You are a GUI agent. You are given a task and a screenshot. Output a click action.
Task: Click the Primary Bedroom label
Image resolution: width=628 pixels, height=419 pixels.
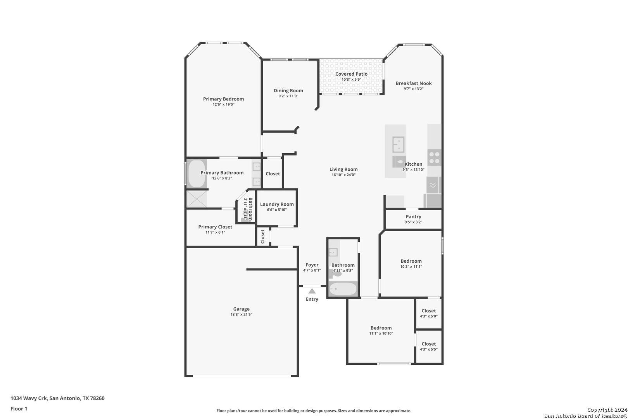(x=223, y=99)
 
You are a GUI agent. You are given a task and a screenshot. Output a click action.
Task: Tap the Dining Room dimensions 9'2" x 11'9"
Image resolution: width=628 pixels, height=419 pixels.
(x=288, y=96)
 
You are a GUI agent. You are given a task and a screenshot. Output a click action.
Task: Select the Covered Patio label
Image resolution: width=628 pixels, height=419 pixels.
(x=351, y=74)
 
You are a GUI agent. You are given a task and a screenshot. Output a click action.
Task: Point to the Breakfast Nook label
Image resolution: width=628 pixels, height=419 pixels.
(x=414, y=83)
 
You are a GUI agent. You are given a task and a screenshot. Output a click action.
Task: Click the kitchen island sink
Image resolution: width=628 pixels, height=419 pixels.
(x=398, y=144)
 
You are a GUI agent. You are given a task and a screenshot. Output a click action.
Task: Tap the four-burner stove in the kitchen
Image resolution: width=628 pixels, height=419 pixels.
(x=434, y=158)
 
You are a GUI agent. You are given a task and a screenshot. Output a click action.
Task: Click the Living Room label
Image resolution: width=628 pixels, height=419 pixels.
(x=343, y=169)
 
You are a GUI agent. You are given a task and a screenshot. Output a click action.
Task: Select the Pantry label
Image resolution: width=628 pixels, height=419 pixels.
(x=413, y=216)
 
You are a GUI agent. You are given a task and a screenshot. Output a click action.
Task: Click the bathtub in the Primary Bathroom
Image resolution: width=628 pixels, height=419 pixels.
(x=197, y=173)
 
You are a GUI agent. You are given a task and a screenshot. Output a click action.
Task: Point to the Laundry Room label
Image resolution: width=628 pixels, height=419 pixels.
(x=277, y=204)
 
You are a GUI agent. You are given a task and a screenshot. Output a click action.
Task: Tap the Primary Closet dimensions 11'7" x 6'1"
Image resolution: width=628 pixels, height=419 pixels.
(x=215, y=232)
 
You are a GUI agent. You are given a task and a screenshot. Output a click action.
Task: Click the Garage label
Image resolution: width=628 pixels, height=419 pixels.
(x=241, y=309)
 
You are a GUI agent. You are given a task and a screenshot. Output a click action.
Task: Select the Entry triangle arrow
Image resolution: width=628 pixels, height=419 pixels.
(x=312, y=291)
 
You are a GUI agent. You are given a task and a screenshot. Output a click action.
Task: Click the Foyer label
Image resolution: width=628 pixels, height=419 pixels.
(x=312, y=265)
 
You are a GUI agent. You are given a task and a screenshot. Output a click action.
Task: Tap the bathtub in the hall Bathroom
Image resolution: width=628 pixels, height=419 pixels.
(x=343, y=289)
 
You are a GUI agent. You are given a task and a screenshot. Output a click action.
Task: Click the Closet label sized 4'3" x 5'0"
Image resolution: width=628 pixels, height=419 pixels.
(x=428, y=311)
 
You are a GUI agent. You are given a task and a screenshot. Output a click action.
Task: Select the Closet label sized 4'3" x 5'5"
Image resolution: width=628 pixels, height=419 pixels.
(x=428, y=344)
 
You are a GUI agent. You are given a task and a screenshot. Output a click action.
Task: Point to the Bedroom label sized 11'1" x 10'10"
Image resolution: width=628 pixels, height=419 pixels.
(x=381, y=328)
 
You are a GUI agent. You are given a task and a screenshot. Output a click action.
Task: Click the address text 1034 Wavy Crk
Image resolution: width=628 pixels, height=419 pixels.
(x=29, y=398)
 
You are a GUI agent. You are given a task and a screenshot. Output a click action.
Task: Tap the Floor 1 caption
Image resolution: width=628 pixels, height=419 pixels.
(x=19, y=409)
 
